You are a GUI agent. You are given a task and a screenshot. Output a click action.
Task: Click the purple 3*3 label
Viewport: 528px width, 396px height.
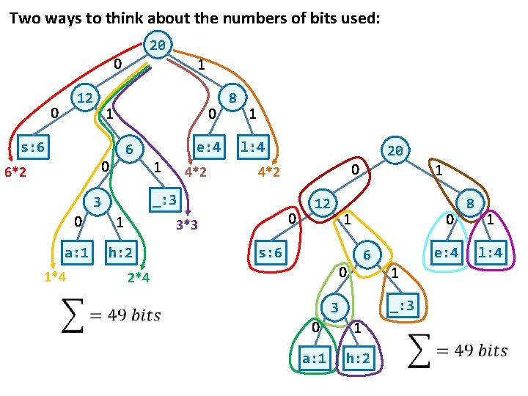tap(187, 224)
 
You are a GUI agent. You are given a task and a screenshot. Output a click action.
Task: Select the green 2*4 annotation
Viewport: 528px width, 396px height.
tap(138, 277)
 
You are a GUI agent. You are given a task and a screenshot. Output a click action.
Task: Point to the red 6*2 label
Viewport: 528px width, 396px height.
tap(15, 173)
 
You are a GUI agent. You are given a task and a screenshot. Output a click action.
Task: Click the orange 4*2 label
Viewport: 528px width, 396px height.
tap(269, 173)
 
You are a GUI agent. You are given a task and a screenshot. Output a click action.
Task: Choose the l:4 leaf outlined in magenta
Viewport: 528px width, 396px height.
tap(491, 253)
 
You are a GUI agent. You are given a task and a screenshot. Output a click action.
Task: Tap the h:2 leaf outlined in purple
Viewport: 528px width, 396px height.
tap(358, 359)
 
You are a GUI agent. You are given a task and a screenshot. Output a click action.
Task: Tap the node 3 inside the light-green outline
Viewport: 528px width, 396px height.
tap(334, 307)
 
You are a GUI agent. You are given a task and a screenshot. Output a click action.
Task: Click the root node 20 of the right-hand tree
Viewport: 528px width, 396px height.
tap(395, 151)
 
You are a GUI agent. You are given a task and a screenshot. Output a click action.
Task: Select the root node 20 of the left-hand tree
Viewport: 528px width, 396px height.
tap(158, 45)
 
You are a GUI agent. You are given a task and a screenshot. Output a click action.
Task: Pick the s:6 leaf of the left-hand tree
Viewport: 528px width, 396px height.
tap(32, 147)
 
